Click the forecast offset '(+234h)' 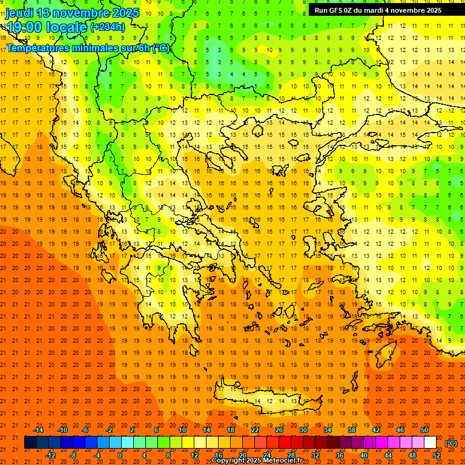107,27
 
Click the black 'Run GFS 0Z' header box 378,10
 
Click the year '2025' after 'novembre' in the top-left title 125,13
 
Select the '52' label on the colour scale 437,455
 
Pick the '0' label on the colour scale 120,455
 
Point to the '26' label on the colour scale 279,430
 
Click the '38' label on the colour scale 352,430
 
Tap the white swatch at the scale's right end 430,443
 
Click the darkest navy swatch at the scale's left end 30,443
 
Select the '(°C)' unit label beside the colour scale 451,443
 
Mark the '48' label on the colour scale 412,455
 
